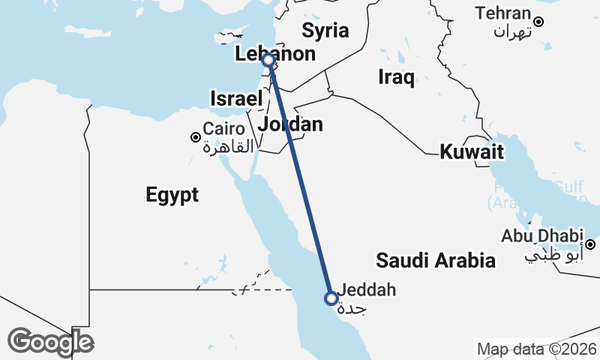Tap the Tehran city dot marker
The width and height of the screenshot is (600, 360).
pyautogui.click(x=538, y=21)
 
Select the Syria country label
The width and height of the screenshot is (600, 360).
pyautogui.click(x=325, y=31)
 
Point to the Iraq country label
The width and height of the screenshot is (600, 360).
pyautogui.click(x=397, y=76)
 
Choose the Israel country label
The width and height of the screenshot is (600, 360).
pyautogui.click(x=236, y=98)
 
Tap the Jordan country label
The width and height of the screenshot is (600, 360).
pyautogui.click(x=290, y=124)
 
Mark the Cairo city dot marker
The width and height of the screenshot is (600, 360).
pyautogui.click(x=195, y=137)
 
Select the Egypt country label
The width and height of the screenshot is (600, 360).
pyautogui.click(x=172, y=195)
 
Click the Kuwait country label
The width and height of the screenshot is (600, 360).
pyautogui.click(x=471, y=151)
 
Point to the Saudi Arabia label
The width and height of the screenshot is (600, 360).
pyautogui.click(x=436, y=260)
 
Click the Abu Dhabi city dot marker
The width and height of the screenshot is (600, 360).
pyautogui.click(x=590, y=244)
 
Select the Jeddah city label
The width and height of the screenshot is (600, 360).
pyautogui.click(x=367, y=289)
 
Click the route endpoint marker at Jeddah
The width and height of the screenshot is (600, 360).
pyautogui.click(x=331, y=298)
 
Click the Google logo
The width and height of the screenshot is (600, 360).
pyautogui.click(x=50, y=342)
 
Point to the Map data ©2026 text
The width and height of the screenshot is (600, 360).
pyautogui.click(x=537, y=349)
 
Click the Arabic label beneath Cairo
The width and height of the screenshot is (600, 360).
pyautogui.click(x=229, y=146)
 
